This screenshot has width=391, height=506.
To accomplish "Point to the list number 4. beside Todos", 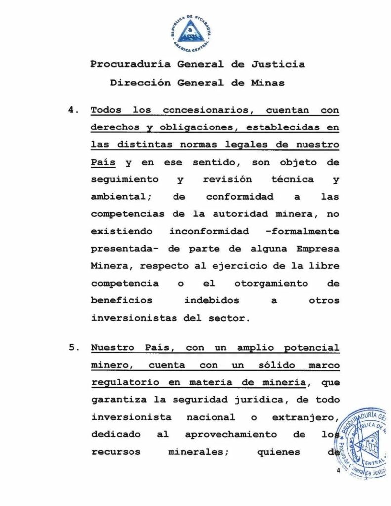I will (74, 110).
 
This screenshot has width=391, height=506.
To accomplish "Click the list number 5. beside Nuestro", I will (74, 348).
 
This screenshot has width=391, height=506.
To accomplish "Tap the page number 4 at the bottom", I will (338, 470).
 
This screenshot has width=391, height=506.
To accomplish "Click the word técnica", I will (292, 179).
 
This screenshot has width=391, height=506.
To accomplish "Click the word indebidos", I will (212, 300).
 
